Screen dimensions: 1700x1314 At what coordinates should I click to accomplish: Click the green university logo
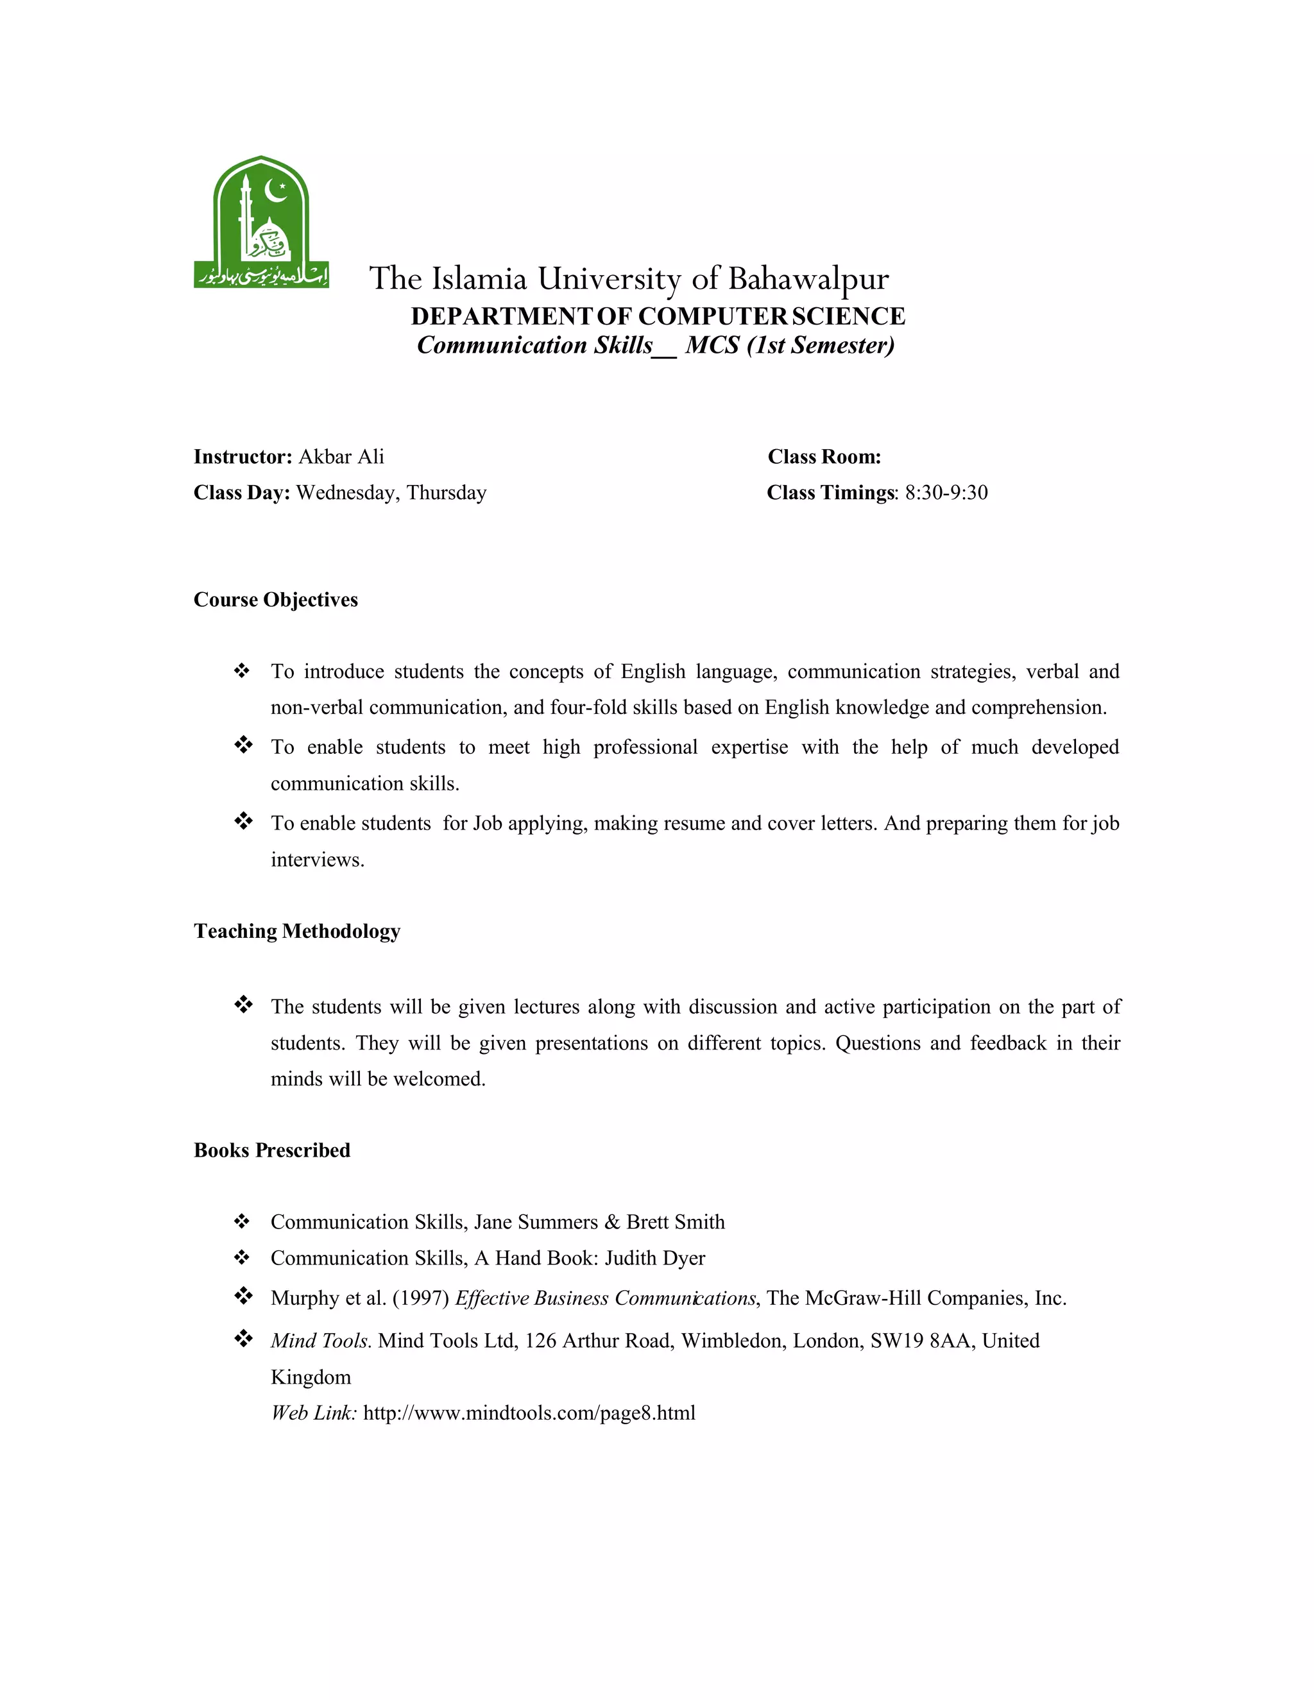[x=260, y=223]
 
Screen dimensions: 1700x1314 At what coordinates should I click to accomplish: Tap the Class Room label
[x=824, y=457]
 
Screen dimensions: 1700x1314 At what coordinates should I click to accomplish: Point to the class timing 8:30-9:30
[x=946, y=493]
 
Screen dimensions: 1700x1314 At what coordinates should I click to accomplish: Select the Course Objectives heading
[x=275, y=599]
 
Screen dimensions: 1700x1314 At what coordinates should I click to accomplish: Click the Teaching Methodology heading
[x=296, y=931]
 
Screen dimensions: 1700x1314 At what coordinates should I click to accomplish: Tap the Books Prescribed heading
[x=271, y=1150]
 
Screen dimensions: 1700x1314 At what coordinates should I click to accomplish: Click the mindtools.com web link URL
[x=529, y=1413]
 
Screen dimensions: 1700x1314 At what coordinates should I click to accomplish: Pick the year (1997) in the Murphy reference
[x=421, y=1298]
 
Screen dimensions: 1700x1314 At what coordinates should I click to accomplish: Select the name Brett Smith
[x=675, y=1222]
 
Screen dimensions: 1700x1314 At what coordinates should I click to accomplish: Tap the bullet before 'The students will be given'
[x=243, y=1005]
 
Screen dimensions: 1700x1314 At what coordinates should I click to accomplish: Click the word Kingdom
[x=311, y=1377]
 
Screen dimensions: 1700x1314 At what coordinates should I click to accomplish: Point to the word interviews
[x=317, y=860]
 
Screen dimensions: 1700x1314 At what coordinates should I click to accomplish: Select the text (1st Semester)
[x=821, y=345]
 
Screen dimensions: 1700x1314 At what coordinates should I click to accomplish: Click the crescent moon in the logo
[x=275, y=189]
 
